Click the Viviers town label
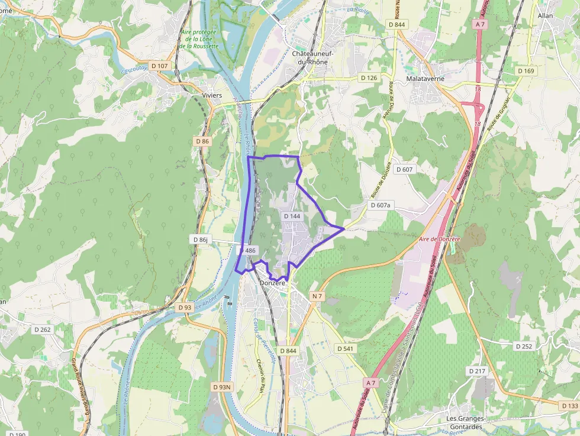(x=212, y=95)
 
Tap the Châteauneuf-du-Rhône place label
(x=312, y=57)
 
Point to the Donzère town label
(x=273, y=283)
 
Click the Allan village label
(x=545, y=16)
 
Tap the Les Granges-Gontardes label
(x=465, y=422)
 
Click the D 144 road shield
(x=292, y=217)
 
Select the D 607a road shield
(x=381, y=205)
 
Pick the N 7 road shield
(x=317, y=296)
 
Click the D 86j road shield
(x=201, y=240)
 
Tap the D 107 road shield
(x=160, y=66)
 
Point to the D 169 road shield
(x=526, y=71)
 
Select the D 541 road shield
(x=346, y=348)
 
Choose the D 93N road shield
(x=223, y=387)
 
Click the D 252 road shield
(x=524, y=346)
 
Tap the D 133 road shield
(x=569, y=405)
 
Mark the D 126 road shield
(x=369, y=77)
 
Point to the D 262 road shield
(x=41, y=330)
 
